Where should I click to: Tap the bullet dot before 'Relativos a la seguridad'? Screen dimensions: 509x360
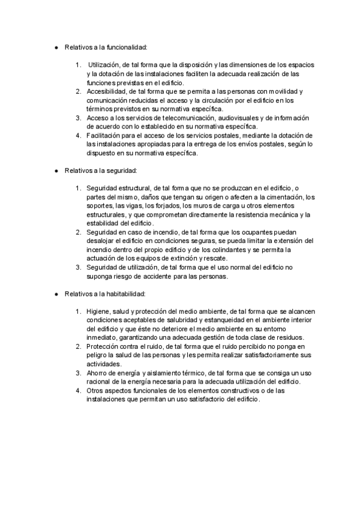click(55, 171)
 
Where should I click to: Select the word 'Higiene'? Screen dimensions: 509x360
click(98, 312)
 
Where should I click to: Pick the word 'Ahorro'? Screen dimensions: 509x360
click(97, 373)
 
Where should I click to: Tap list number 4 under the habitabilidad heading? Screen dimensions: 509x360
click(79, 390)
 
